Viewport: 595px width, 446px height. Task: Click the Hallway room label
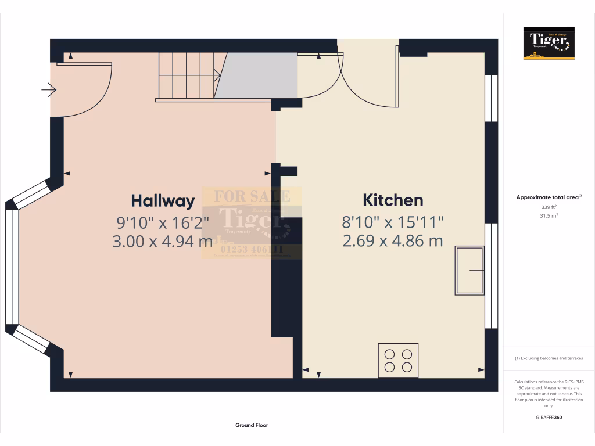click(x=163, y=201)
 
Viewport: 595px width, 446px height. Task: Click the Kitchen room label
click(x=393, y=200)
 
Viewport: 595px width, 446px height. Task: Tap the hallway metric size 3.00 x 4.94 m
click(x=163, y=241)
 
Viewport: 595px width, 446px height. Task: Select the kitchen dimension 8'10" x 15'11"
click(x=393, y=221)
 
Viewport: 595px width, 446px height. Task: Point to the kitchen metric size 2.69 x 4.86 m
click(x=393, y=240)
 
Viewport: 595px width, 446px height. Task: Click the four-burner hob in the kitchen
click(x=398, y=360)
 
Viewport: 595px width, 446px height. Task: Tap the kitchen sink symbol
click(x=470, y=271)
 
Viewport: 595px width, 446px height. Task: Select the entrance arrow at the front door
click(x=49, y=90)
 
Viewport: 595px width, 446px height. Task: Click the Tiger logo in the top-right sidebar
click(x=549, y=44)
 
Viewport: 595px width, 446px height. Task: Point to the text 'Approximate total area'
click(x=548, y=197)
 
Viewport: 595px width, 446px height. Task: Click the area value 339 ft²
click(x=549, y=207)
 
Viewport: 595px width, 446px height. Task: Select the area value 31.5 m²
click(x=549, y=215)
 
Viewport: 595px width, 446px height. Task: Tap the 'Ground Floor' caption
click(x=252, y=425)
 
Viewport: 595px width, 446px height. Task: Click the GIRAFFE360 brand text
click(x=549, y=418)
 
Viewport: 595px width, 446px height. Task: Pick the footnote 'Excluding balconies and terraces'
click(x=549, y=358)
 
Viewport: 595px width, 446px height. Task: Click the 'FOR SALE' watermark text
click(x=252, y=196)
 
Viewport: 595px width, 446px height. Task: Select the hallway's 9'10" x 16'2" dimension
click(x=163, y=221)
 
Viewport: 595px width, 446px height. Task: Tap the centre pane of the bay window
click(x=12, y=266)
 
